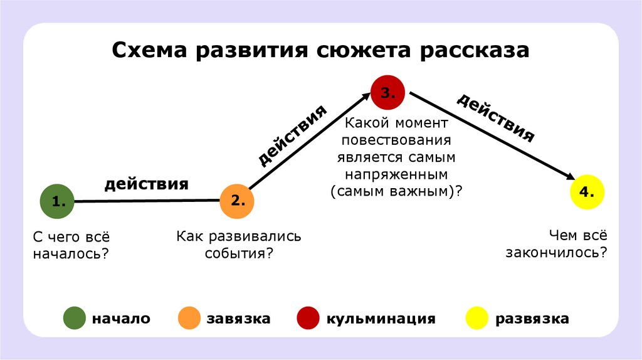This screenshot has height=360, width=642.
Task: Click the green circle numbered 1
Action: (57, 201)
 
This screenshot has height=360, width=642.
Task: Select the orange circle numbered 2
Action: (238, 201)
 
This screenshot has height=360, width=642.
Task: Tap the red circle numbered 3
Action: (387, 92)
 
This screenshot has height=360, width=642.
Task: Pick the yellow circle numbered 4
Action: (587, 193)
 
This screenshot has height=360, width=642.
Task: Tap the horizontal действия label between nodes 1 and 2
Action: (146, 184)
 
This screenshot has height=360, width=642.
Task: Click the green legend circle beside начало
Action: (74, 319)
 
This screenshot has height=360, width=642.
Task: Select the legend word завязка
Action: (238, 319)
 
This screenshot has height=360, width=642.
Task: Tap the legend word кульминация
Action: (380, 319)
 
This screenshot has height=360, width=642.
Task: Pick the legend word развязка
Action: (532, 319)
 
